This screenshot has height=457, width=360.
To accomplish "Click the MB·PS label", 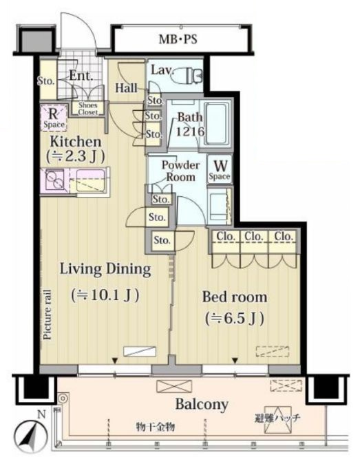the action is coord(178,39).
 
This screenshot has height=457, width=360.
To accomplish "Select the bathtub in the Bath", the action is coord(217,123).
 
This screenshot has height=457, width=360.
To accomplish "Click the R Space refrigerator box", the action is coord(54,117).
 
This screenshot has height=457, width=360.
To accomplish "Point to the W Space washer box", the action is coord(220,169).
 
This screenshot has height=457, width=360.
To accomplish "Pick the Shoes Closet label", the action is coord(87,109).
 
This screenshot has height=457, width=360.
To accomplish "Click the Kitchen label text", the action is coord(76,142).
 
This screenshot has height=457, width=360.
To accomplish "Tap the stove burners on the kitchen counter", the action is coord(54,180).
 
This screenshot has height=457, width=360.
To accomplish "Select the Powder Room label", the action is coord(180,171).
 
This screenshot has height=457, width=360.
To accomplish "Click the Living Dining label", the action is coord(105,269).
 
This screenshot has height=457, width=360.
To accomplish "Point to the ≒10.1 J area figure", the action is coord(105,295).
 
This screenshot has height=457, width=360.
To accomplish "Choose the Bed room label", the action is coord(235,297).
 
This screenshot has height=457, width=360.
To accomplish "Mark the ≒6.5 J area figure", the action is coord(235,318).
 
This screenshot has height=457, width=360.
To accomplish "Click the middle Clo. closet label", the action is coord(254,236).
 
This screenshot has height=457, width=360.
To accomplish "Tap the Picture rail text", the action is coord(47,314).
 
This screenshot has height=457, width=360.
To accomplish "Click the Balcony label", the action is coord(202,404).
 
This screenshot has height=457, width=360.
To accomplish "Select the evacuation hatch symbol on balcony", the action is coord(276,420).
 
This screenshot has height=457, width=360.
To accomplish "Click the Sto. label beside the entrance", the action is coord(45,81).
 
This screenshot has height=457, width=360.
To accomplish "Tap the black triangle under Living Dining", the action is coord(115,361).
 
